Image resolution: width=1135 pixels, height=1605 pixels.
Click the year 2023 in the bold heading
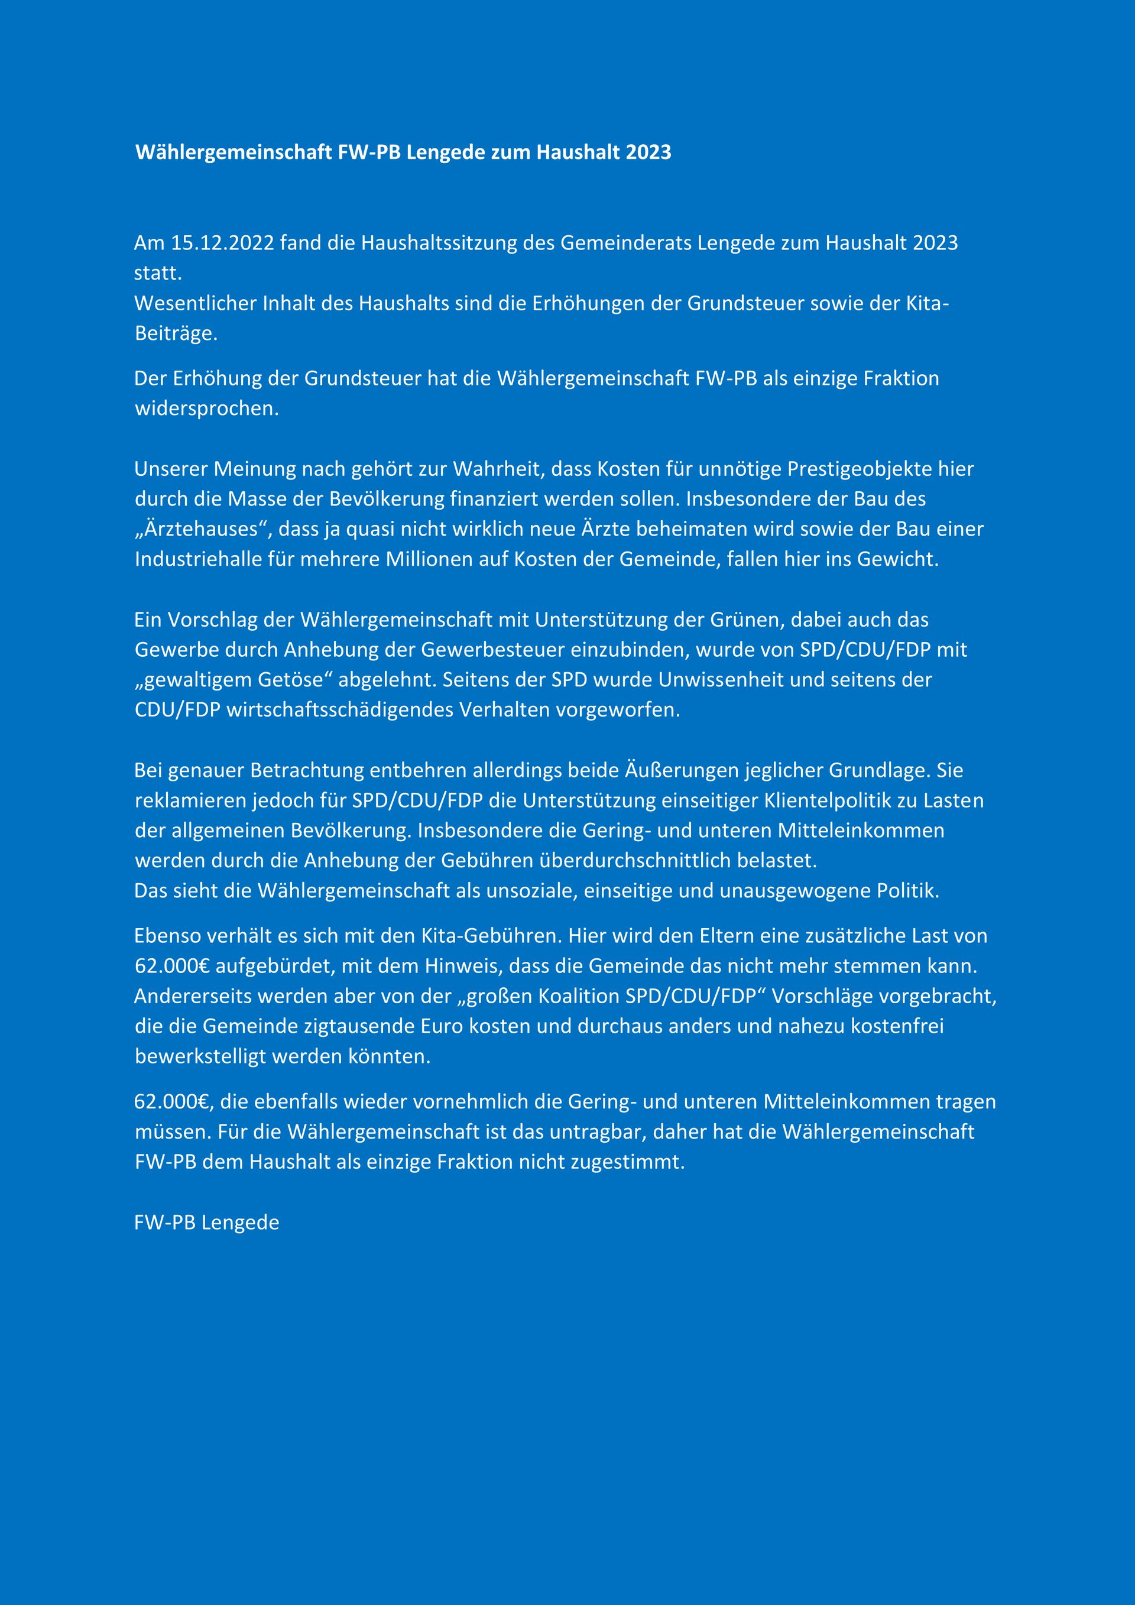tap(648, 153)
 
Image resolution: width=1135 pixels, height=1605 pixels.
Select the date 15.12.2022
tap(222, 244)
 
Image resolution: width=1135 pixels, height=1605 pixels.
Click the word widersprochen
tap(207, 408)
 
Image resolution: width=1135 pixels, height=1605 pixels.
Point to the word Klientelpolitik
tap(826, 800)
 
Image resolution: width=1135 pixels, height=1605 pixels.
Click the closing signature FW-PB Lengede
tap(206, 1223)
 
